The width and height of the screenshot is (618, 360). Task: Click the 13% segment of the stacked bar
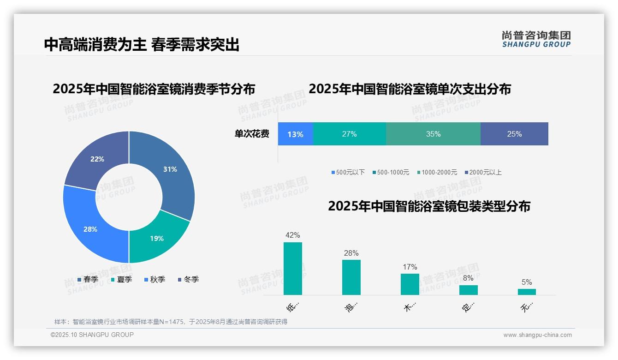(296, 134)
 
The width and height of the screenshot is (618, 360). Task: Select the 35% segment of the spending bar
(433, 134)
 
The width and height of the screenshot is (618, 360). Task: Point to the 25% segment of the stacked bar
(514, 134)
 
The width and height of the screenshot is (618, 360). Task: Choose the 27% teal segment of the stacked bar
(349, 134)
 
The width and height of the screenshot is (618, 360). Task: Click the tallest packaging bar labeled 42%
(293, 269)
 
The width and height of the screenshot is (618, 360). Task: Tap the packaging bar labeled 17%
(410, 284)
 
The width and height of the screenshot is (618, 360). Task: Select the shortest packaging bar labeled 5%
(527, 292)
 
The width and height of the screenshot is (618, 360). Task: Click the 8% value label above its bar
(468, 278)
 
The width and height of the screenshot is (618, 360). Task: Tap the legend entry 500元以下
(348, 173)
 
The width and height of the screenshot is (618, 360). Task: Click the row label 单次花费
(252, 134)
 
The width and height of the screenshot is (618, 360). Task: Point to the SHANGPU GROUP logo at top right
(536, 39)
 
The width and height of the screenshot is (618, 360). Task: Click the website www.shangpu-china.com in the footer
(537, 335)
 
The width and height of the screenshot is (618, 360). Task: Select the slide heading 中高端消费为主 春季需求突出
(142, 45)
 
